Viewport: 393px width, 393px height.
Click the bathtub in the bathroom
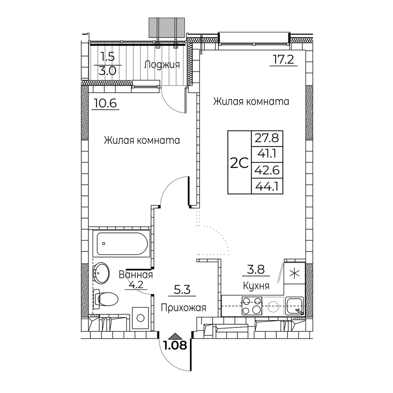coord(121,243)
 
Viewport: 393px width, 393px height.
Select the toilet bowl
coord(105,299)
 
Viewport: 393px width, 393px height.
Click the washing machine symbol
coord(140,318)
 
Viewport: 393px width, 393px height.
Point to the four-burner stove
coord(252,306)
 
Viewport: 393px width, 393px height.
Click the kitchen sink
coord(294,306)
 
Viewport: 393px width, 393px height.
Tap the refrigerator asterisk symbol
coord(294,274)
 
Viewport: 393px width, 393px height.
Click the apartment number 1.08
coord(175,345)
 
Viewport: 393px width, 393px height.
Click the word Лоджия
coord(162,65)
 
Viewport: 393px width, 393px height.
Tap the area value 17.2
coord(283,60)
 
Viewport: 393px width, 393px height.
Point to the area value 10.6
coord(105,103)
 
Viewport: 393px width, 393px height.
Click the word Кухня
coord(256,286)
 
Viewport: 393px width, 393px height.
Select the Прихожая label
coord(184,308)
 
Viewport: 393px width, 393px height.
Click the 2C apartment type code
coord(239,163)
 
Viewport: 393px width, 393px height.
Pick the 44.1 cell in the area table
coord(267,186)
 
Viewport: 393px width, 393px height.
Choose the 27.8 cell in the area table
coord(267,138)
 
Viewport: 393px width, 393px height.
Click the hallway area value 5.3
coord(182,290)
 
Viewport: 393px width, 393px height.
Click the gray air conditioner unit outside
coord(167,28)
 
